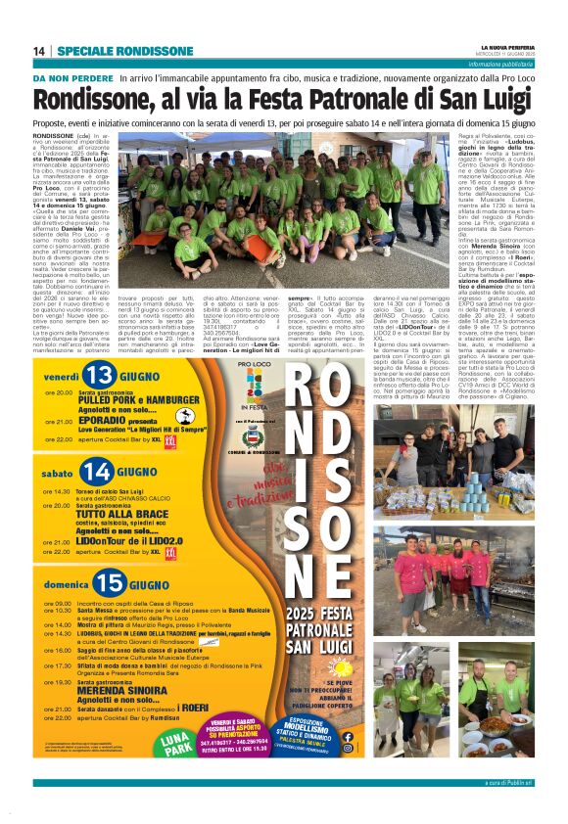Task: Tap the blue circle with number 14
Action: pyautogui.click(x=99, y=473)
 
